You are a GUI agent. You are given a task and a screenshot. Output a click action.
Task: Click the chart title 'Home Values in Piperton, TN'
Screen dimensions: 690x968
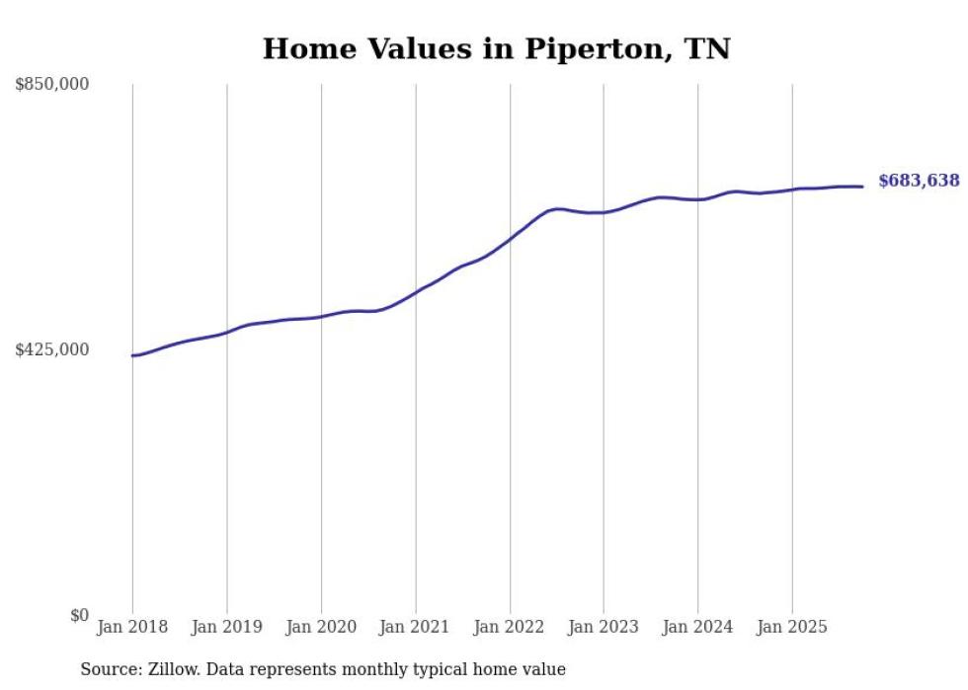pyautogui.click(x=496, y=49)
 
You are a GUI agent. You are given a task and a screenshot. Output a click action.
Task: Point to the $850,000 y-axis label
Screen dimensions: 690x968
pyautogui.click(x=52, y=85)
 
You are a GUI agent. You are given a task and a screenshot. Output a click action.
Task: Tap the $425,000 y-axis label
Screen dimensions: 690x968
pyautogui.click(x=52, y=349)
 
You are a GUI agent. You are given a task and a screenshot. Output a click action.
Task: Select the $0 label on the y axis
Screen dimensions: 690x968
pyautogui.click(x=79, y=615)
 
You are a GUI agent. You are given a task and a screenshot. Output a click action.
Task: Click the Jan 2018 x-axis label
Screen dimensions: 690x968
pyautogui.click(x=132, y=627)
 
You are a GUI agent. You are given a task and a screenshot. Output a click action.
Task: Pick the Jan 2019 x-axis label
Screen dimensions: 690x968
pyautogui.click(x=226, y=627)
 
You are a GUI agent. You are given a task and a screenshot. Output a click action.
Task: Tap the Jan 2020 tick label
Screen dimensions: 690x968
pyautogui.click(x=321, y=627)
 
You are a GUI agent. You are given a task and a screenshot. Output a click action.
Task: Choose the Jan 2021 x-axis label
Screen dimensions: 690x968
pyautogui.click(x=415, y=627)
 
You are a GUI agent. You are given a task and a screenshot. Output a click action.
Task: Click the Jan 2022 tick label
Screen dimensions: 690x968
pyautogui.click(x=510, y=627)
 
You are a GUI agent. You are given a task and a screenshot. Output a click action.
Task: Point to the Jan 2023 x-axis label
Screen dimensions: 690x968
pyautogui.click(x=604, y=627)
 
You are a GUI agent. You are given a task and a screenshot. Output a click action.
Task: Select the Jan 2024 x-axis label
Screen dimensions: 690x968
pyautogui.click(x=697, y=627)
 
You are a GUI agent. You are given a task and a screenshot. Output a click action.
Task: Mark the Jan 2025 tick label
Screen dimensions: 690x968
pyautogui.click(x=792, y=627)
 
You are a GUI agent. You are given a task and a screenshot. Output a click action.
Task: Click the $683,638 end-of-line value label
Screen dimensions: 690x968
pyautogui.click(x=919, y=181)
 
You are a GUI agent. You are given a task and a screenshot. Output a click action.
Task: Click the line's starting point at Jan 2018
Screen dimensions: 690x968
pyautogui.click(x=132, y=355)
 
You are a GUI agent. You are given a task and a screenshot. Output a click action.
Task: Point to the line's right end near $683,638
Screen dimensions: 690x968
pyautogui.click(x=862, y=187)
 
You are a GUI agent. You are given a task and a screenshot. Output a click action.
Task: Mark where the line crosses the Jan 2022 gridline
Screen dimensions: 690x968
pyautogui.click(x=510, y=239)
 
